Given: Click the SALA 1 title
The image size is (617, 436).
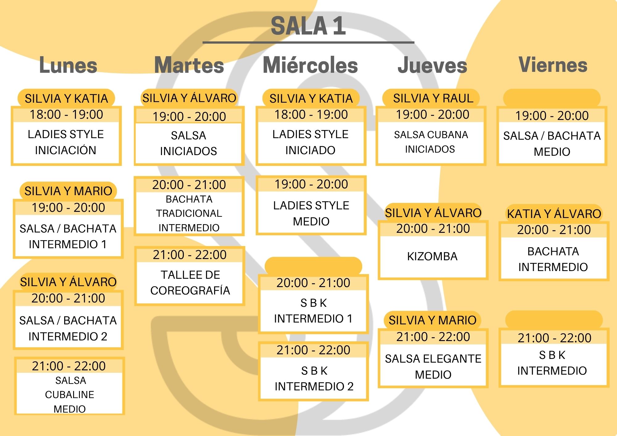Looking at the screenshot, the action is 308,26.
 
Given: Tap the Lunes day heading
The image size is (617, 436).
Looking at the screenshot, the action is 68,65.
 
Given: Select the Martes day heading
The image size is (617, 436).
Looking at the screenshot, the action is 189,65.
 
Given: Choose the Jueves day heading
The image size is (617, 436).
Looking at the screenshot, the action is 432,65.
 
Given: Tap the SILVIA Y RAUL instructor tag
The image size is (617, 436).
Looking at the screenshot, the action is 433,98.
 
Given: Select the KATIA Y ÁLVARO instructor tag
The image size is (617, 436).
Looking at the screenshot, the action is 554,214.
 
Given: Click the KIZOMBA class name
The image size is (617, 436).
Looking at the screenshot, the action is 432,256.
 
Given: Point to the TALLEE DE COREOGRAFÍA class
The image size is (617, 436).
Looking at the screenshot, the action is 190,282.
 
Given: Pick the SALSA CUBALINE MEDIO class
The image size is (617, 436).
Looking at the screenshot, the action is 70,395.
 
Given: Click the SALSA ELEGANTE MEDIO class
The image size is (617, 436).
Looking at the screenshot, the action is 433,367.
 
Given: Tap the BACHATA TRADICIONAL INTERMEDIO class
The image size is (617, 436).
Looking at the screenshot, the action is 189,213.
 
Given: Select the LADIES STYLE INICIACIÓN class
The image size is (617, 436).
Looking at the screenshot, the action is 66,142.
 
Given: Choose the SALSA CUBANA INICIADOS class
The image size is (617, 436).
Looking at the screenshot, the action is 431,142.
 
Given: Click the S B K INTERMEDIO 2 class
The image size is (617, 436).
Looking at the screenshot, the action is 314,378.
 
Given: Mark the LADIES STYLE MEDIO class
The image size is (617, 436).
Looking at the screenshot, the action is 311,213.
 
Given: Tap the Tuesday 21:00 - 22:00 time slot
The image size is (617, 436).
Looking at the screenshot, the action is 190,255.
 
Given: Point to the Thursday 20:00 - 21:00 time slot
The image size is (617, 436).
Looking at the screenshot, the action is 433,228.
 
